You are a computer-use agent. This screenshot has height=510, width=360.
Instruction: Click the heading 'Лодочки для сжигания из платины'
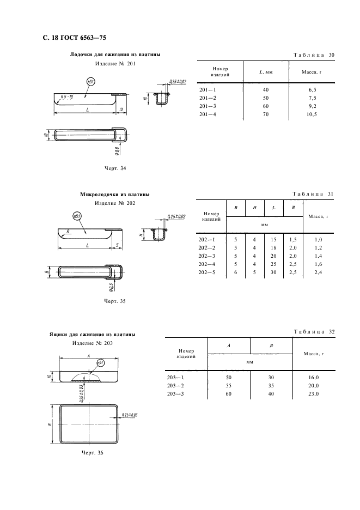[115, 54]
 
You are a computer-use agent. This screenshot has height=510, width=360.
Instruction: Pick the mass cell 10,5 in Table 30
[312, 114]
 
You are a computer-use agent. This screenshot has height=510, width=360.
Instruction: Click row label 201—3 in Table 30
[208, 106]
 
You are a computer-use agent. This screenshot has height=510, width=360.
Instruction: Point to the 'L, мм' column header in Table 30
[266, 72]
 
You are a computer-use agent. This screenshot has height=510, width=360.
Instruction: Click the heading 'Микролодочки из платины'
[115, 194]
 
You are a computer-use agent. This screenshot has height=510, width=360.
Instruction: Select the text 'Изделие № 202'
[114, 203]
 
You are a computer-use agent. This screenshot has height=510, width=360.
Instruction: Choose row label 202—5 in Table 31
[208, 272]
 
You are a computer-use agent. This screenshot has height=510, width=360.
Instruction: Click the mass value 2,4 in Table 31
[319, 272]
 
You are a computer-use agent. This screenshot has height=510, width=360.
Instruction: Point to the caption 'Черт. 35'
[114, 300]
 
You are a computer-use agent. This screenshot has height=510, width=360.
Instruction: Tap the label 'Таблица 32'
[314, 331]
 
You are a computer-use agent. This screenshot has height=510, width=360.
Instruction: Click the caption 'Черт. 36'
[92, 452]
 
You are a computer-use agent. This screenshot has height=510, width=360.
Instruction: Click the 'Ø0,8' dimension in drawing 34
[118, 149]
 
